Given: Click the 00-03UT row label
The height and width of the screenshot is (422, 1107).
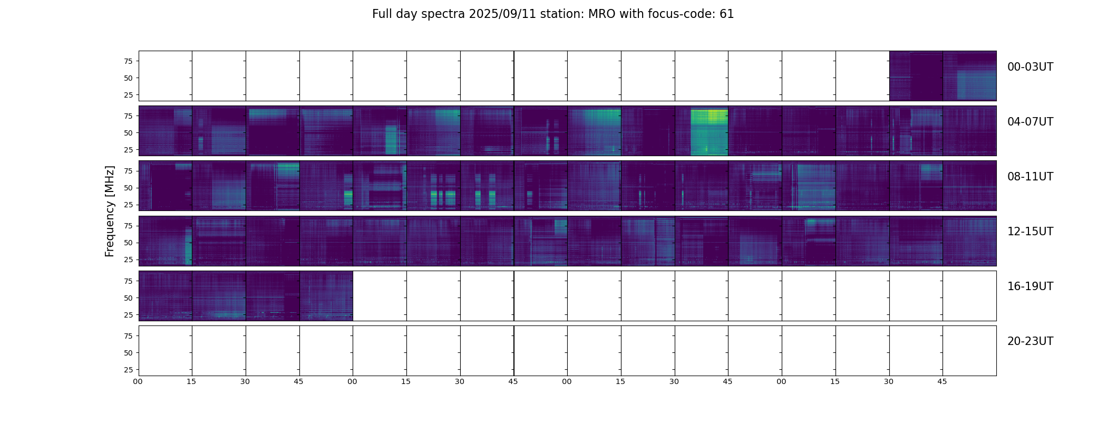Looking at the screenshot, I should pos(1030,67).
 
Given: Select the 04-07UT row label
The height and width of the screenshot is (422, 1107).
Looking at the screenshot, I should pos(1030,122).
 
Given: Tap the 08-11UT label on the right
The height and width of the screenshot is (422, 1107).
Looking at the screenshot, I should pos(1030,177).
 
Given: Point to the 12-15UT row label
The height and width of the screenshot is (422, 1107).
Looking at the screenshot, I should pos(1030,232).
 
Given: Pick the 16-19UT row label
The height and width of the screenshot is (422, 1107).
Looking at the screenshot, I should pos(1030,286).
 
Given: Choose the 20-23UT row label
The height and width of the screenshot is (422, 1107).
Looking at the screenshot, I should pos(1030,341).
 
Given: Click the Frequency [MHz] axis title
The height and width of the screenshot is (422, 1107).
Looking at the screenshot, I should pos(110,211).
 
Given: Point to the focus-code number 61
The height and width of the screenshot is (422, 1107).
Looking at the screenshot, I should pos(726,14).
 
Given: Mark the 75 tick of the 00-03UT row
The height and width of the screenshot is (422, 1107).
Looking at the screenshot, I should pos(128,61).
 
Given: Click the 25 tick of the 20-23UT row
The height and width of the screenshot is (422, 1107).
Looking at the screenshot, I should pos(128,370).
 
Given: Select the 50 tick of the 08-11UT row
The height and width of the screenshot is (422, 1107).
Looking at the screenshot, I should pos(128,188).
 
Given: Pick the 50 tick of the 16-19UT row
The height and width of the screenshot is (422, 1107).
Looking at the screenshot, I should pos(128,298).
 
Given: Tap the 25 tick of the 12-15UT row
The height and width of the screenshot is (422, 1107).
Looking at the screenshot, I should pos(128,260).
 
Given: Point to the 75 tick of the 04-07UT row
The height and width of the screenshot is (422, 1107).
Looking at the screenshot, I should pos(128,116).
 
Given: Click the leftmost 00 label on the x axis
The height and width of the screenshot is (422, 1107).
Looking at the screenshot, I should pos(138,381).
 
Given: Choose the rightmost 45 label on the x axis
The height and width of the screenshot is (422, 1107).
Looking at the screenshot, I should pos(942,381).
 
